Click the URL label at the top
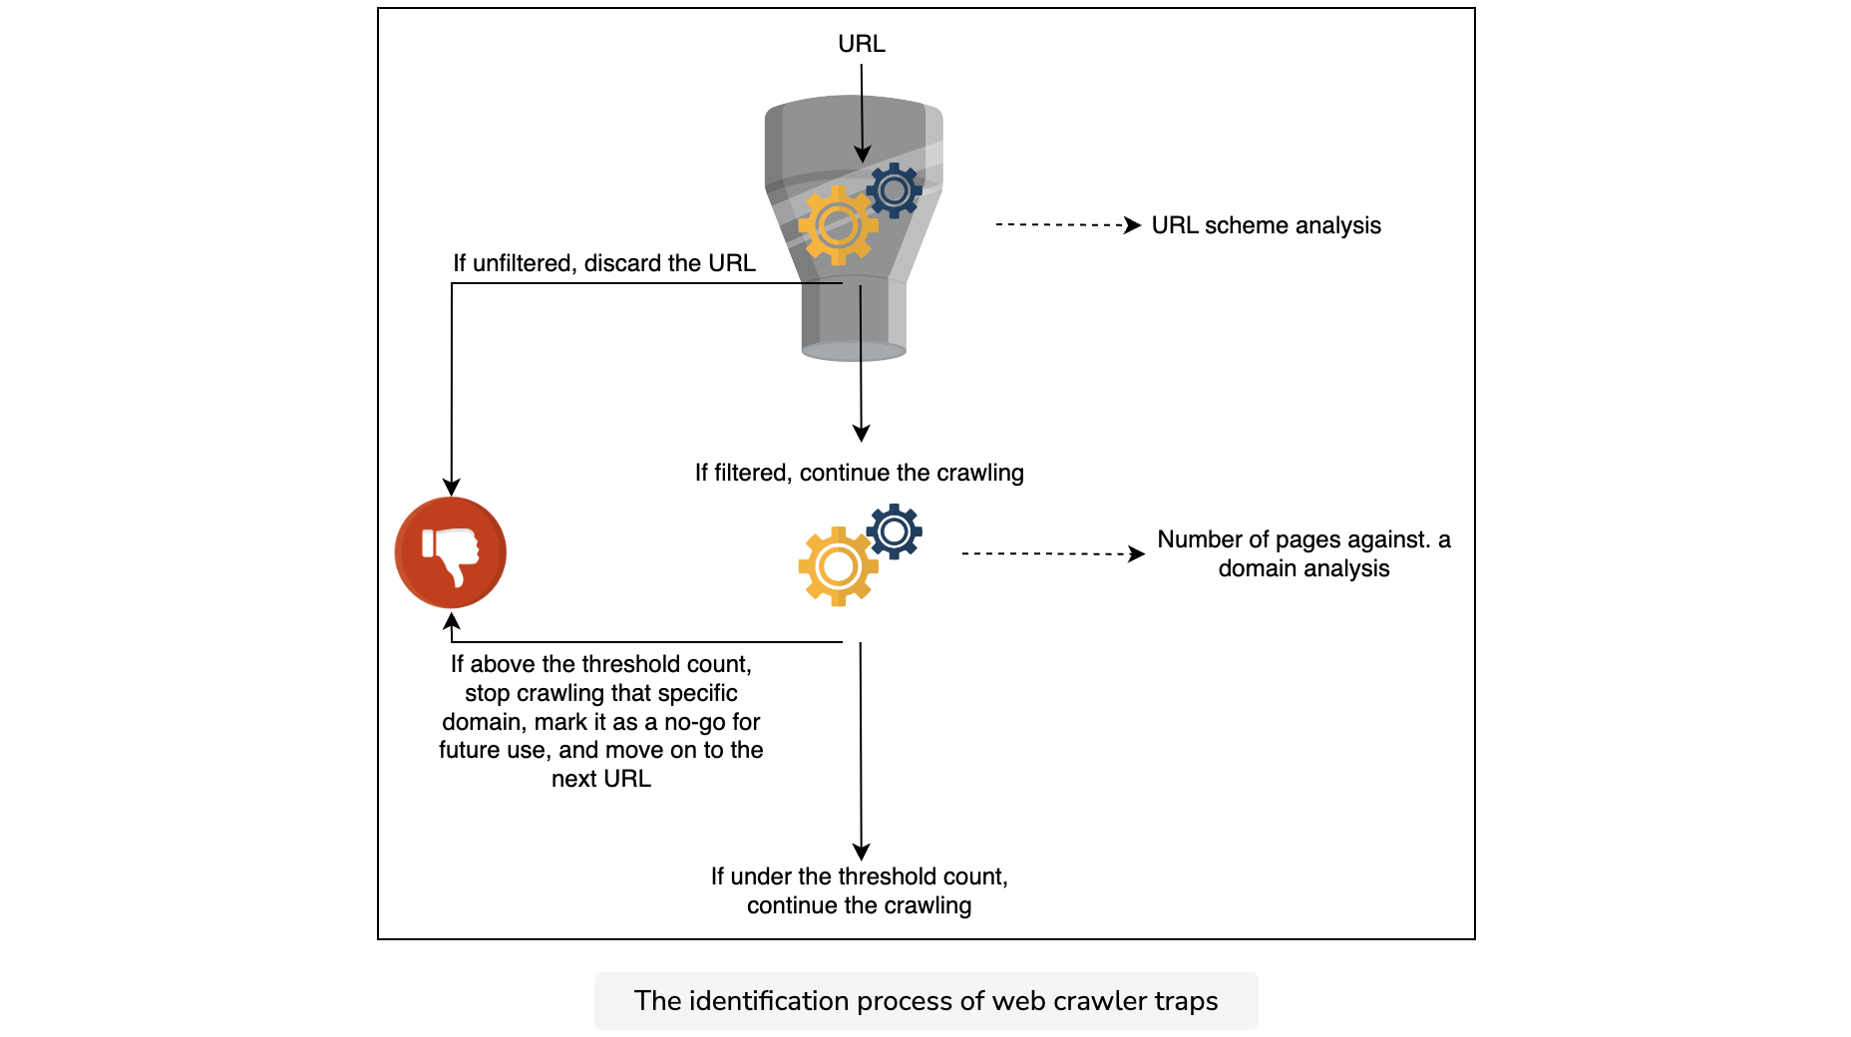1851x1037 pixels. pyautogui.click(x=862, y=44)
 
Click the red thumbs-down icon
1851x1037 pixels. pyautogui.click(x=451, y=552)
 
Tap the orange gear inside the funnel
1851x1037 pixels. pyautogui.click(x=838, y=225)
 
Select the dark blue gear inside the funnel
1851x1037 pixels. pyautogui.click(x=894, y=189)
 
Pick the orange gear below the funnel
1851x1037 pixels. pyautogui.click(x=838, y=566)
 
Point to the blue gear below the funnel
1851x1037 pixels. pyautogui.click(x=895, y=531)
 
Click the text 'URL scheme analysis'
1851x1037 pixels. pyautogui.click(x=1266, y=225)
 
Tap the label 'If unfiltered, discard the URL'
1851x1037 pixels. pyautogui.click(x=604, y=263)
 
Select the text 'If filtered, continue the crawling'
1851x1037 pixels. pyautogui.click(x=860, y=473)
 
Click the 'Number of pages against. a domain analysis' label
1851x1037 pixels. pyautogui.click(x=1303, y=553)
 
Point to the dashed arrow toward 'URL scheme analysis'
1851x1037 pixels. pyautogui.click(x=1068, y=225)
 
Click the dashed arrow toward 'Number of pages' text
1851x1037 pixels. pyautogui.click(x=1053, y=553)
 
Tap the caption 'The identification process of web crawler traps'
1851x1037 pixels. pyautogui.click(x=925, y=1001)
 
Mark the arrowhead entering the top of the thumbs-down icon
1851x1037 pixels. pyautogui.click(x=452, y=488)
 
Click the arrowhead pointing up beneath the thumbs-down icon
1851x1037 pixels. pyautogui.click(x=452, y=621)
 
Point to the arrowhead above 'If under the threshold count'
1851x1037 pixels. pyautogui.click(x=862, y=852)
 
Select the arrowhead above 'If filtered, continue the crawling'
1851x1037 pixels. pyautogui.click(x=862, y=433)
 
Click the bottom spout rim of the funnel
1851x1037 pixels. pyautogui.click(x=854, y=351)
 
